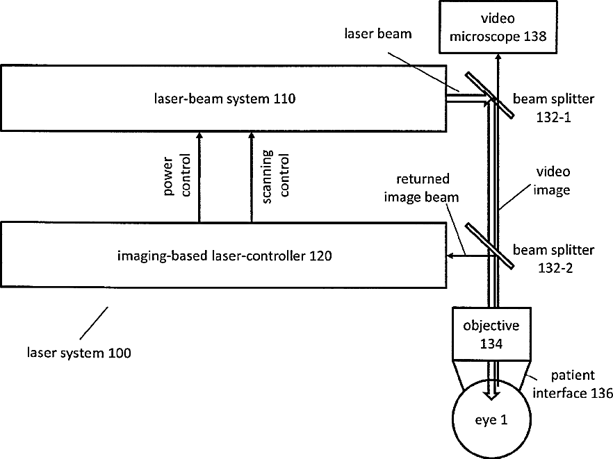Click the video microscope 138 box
click(x=498, y=27)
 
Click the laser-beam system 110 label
click(x=224, y=99)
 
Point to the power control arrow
click(x=199, y=177)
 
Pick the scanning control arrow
click(x=252, y=177)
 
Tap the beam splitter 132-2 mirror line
click(x=489, y=244)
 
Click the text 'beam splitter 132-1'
click(x=554, y=106)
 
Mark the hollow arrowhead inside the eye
click(x=491, y=392)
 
